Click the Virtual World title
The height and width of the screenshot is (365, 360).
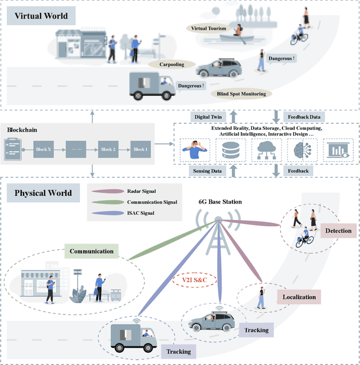(42, 15)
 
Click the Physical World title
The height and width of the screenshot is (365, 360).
(43, 193)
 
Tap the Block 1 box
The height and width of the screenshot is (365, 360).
(141, 150)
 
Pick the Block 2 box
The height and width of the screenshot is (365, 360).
(108, 150)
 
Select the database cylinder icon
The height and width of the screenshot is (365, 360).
(230, 150)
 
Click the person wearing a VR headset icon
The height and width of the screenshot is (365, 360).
(195, 150)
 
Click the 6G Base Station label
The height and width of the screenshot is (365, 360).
(220, 201)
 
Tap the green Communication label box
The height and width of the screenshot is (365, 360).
(91, 251)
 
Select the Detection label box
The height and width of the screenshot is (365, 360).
(338, 231)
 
